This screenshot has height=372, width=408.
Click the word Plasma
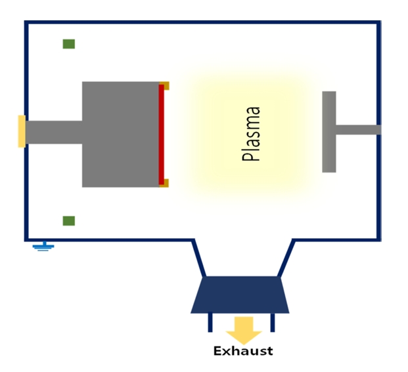[252, 134]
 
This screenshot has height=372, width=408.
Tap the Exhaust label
[242, 351]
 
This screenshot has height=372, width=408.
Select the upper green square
[68, 44]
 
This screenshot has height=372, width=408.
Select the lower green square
[68, 220]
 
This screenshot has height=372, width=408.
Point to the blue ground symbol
[43, 247]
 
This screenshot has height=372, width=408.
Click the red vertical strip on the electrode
[162, 134]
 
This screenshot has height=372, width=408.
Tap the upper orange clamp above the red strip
[164, 85]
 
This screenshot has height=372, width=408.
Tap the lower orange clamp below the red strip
[164, 183]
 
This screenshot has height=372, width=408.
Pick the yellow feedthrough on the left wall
[22, 131]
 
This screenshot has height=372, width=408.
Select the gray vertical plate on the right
[329, 131]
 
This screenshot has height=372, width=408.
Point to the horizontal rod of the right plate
[358, 129]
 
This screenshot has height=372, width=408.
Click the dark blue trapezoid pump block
[240, 294]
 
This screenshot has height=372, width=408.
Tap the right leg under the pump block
[272, 322]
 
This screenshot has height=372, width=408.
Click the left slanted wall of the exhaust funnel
[199, 257]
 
